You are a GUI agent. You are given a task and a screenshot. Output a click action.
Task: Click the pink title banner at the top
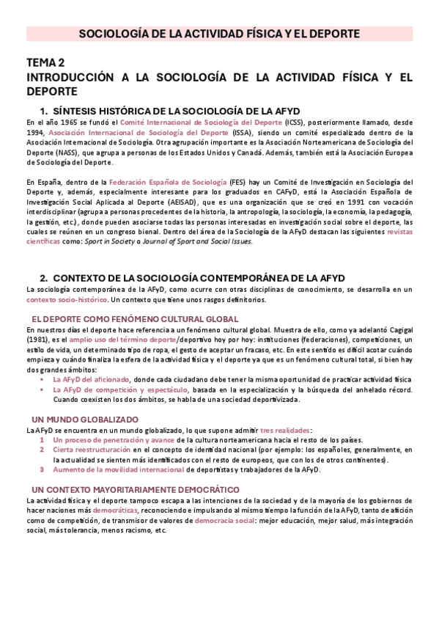click(219, 34)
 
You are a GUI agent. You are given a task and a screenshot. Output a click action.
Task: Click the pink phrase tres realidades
click(286, 430)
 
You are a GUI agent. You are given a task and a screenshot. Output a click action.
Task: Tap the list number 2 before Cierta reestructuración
click(42, 449)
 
